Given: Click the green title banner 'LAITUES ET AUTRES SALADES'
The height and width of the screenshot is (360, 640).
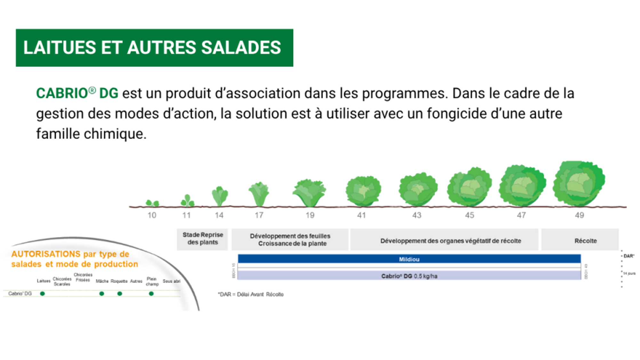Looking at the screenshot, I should click(154, 48).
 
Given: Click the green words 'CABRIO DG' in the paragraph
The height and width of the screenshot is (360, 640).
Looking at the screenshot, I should click(77, 93).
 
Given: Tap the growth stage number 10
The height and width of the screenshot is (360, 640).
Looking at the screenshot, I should click(152, 215).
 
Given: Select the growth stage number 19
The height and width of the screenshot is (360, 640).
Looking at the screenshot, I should click(310, 215).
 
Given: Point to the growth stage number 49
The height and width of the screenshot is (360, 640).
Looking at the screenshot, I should click(579, 215).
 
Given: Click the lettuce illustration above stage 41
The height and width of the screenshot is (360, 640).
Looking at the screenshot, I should click(363, 191).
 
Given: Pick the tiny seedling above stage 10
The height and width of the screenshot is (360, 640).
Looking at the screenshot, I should click(152, 203).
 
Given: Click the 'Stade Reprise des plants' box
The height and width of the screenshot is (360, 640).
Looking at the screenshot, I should click(202, 239).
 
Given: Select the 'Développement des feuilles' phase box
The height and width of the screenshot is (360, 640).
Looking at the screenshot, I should click(290, 240).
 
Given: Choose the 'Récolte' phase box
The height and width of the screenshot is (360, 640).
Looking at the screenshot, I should click(585, 241).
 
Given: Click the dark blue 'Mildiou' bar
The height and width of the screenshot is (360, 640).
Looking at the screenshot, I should click(409, 259).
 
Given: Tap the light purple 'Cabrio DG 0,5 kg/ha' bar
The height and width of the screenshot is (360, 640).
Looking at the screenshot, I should click(409, 276).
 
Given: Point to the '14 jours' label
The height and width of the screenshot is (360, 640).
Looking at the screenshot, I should click(629, 274).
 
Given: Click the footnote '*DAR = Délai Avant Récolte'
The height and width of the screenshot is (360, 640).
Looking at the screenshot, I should click(251, 294).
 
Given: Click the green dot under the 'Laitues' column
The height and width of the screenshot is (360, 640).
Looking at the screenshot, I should click(43, 293).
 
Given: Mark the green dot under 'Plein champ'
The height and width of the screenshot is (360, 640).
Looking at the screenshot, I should click(151, 293).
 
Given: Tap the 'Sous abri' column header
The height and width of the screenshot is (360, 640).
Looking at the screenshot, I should click(172, 281).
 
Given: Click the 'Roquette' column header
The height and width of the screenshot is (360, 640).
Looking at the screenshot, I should click(119, 281).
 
